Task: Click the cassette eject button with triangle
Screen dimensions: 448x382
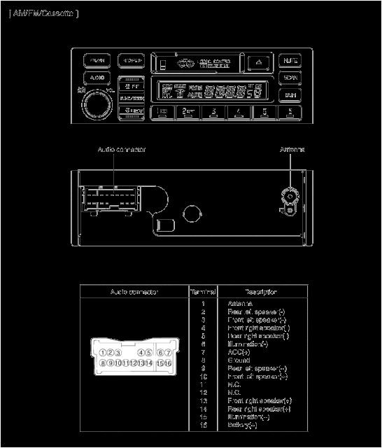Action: point(258,61)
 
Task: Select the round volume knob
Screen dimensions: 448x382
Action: point(97,106)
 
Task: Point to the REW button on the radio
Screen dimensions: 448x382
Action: point(131,111)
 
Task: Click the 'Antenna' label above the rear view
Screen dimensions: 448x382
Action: point(292,150)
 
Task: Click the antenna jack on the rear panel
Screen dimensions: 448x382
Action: point(290,197)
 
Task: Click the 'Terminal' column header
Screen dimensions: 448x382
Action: point(203,291)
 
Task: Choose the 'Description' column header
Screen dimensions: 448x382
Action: point(260,291)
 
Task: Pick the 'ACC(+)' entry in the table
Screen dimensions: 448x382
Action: point(237,352)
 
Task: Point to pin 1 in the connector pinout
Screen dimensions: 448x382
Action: point(104,353)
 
